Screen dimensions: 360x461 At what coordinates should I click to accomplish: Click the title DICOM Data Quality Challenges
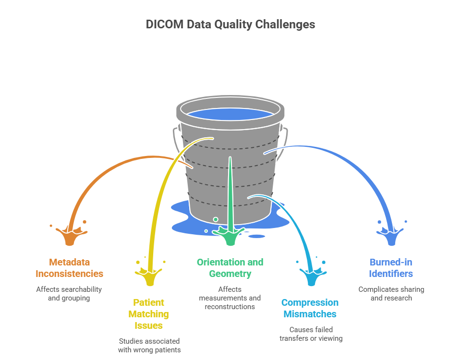(x=230, y=24)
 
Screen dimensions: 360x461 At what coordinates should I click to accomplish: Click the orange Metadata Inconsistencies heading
(x=69, y=268)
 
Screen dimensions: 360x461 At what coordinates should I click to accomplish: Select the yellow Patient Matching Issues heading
(x=148, y=314)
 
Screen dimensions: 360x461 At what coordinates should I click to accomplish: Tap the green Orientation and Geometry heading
(x=230, y=268)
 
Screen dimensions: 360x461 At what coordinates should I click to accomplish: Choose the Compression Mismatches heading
(x=310, y=308)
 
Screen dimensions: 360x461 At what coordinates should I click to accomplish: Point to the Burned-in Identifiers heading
(x=391, y=268)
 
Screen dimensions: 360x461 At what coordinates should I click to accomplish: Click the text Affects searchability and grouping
(x=69, y=293)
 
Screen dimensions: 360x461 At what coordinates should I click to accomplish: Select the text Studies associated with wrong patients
(x=149, y=345)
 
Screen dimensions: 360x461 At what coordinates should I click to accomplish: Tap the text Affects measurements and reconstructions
(x=230, y=298)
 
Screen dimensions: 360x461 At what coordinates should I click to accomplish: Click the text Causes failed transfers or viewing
(x=311, y=334)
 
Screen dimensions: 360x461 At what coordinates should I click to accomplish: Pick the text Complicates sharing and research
(x=391, y=293)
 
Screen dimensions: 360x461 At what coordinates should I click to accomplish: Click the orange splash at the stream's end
(x=69, y=236)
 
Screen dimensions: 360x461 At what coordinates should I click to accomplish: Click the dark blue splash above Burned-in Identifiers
(x=392, y=236)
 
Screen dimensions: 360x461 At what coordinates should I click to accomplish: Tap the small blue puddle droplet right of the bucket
(x=257, y=236)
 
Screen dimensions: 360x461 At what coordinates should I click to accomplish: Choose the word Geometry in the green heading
(x=230, y=274)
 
